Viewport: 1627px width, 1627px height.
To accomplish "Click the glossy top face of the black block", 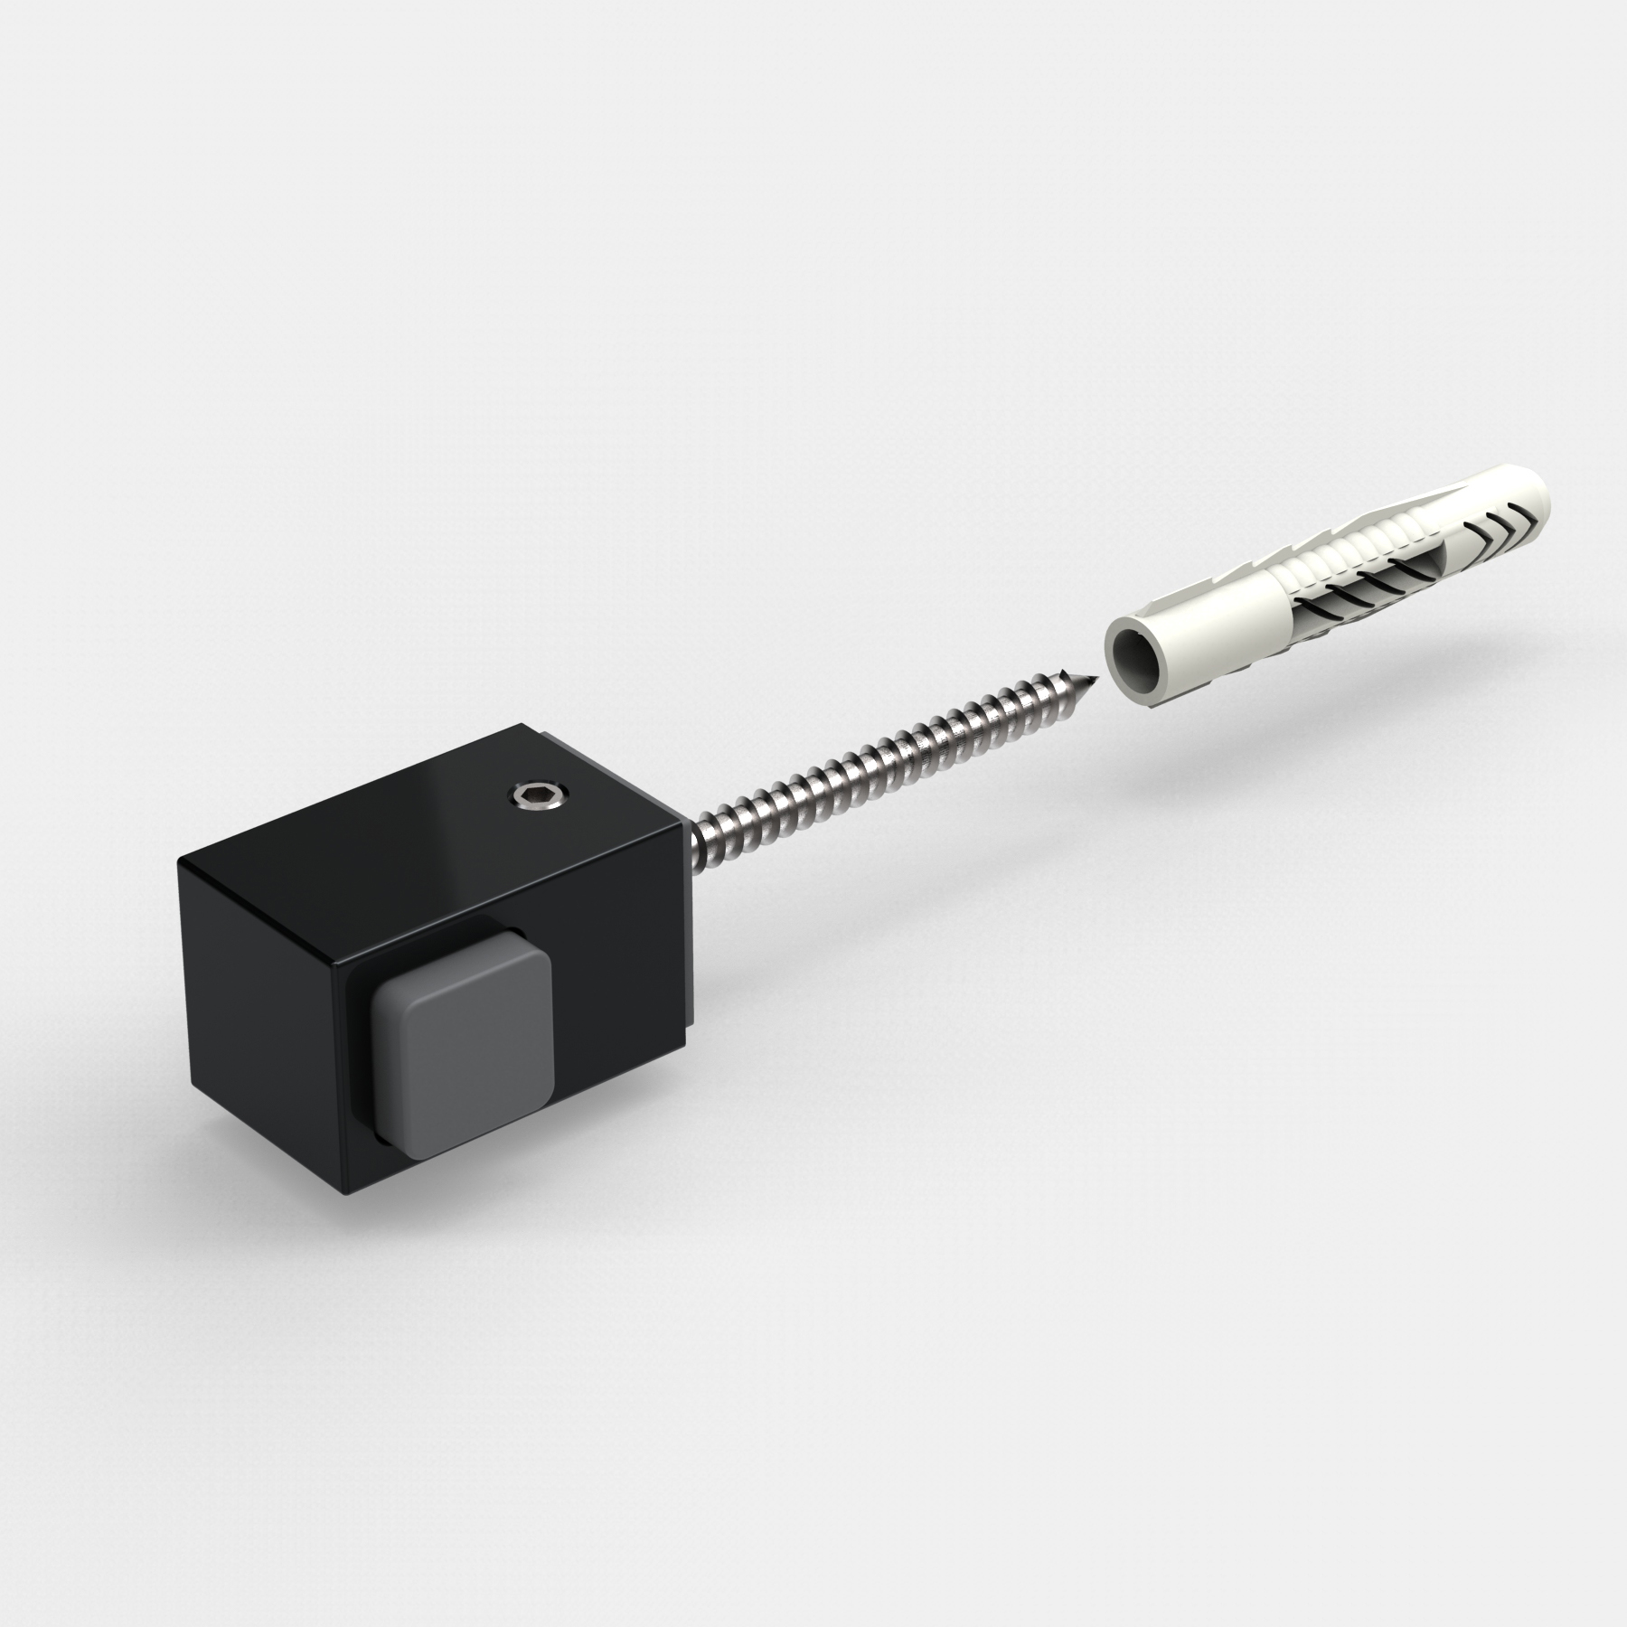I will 407,813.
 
